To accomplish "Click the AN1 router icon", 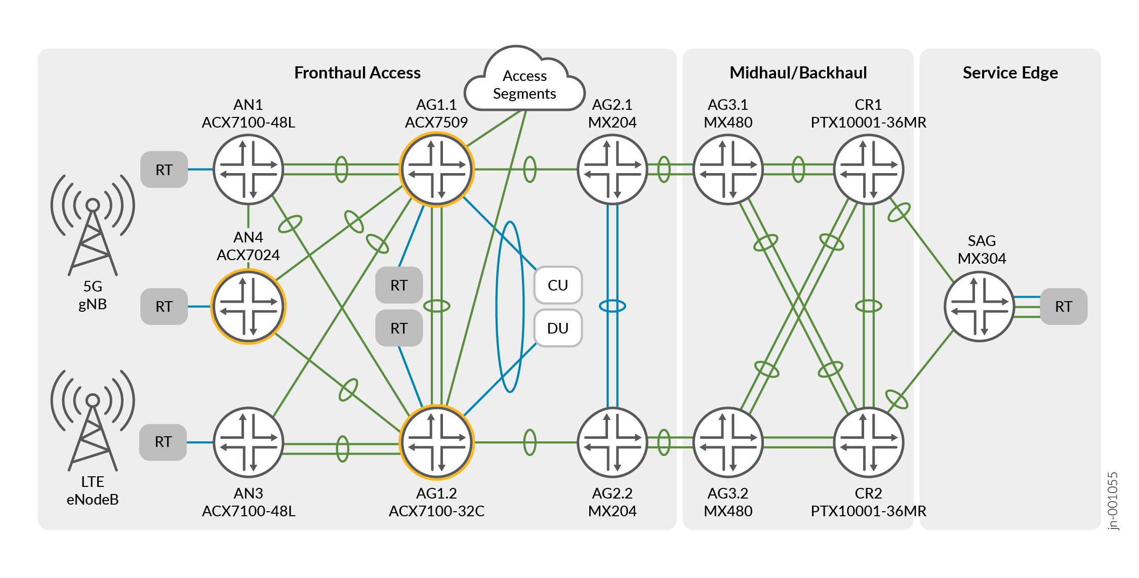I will point(248,170).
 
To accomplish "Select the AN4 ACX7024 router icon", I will point(248,307).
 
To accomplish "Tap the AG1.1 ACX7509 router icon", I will point(436,170).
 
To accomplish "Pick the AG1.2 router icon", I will point(436,442).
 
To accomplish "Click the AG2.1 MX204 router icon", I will point(612,170).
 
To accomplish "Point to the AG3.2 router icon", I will point(727,442).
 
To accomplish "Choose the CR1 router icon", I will point(868,170).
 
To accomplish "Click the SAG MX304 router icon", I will point(980,307).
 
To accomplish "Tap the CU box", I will point(558,285).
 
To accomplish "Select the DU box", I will point(558,328).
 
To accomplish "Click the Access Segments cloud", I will point(524,84).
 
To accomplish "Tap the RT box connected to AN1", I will point(164,170).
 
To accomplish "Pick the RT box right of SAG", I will point(1063,306).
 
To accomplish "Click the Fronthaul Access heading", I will point(357,73).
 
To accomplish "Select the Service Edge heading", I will point(1010,73).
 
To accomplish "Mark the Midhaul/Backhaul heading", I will point(798,73).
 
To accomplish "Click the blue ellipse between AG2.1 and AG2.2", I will point(612,306).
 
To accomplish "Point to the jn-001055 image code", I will point(1113,501).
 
